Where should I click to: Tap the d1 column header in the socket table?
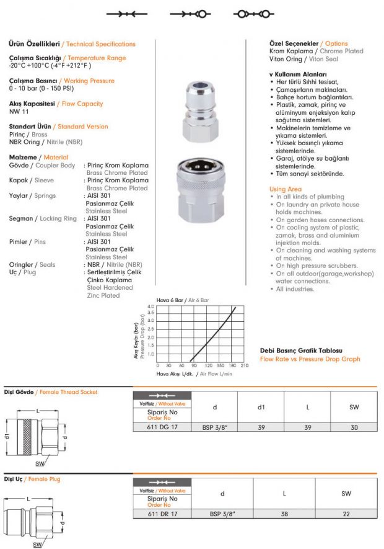coord(261,408)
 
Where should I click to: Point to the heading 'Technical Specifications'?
coord(100,44)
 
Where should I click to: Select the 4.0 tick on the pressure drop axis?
coord(151,306)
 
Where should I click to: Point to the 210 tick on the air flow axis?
coord(244,365)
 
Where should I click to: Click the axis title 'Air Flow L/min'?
coord(214,374)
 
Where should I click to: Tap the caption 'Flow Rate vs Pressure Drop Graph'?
coord(310,359)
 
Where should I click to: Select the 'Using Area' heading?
coord(286,189)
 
